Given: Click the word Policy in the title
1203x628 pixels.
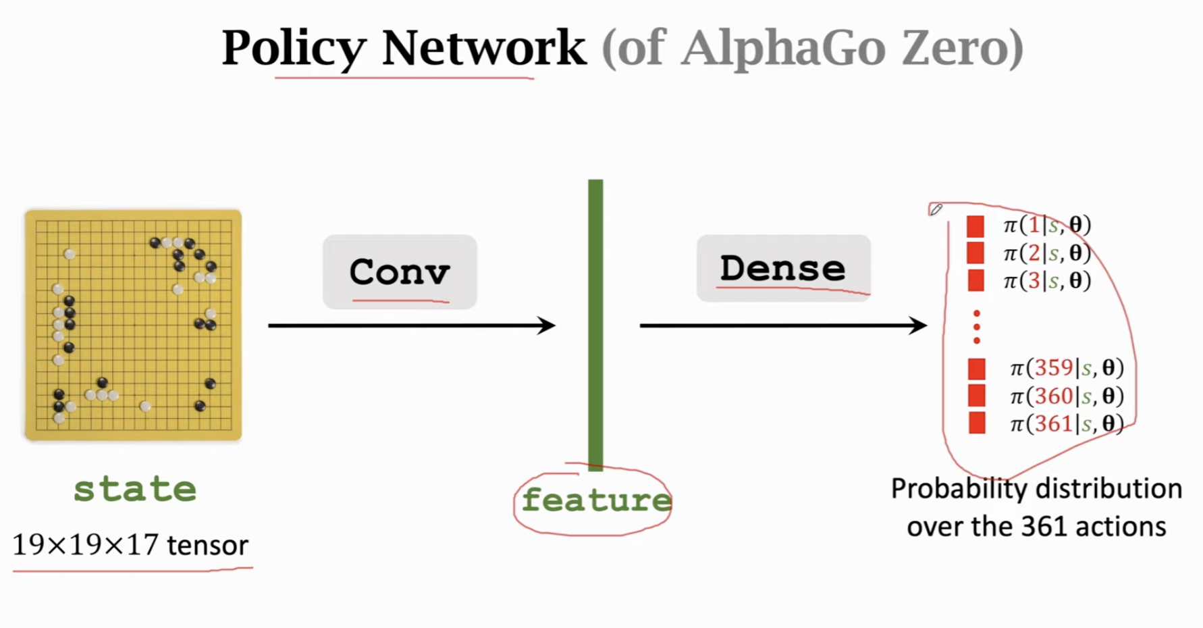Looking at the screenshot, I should [294, 49].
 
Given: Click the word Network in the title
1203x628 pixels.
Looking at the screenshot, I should [483, 49].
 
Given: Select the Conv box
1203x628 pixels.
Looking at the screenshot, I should [400, 271].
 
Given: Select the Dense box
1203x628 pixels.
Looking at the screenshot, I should [783, 268].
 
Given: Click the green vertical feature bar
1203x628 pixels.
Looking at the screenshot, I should [595, 324].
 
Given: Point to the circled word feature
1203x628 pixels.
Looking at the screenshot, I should [595, 500].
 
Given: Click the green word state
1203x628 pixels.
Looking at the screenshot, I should [135, 489].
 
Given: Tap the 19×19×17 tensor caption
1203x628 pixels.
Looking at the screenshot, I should [130, 545].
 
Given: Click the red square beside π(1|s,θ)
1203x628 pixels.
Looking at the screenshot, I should [975, 226].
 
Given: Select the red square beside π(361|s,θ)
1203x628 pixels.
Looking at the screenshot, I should [976, 423].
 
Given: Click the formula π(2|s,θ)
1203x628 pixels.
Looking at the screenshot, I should [1047, 253].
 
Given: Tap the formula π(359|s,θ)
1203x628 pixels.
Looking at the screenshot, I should [1067, 368].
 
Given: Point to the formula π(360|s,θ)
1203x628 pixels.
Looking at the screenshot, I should [1067, 396].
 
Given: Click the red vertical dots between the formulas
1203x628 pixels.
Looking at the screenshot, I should [976, 327].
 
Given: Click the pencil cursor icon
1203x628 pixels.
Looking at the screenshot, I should [936, 209].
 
